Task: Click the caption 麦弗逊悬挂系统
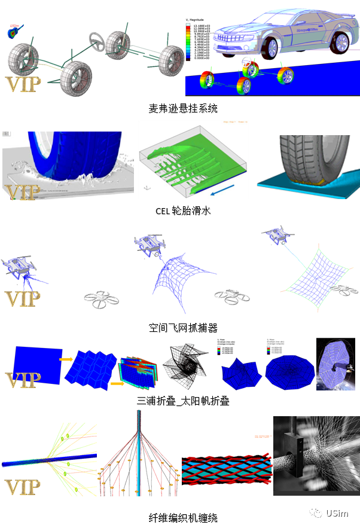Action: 183,108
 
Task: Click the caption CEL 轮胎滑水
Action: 183,210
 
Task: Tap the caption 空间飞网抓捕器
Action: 183,328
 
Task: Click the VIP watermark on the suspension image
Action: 23,84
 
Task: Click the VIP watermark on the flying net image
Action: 23,298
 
